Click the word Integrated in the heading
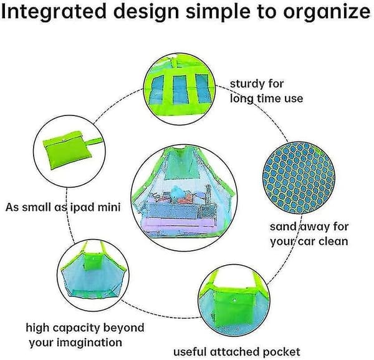[x=54, y=11]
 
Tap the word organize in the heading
[x=327, y=12]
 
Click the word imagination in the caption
[x=89, y=343]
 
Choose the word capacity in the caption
[x=76, y=328]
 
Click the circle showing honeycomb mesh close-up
[x=299, y=178]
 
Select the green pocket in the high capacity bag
[x=93, y=261]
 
